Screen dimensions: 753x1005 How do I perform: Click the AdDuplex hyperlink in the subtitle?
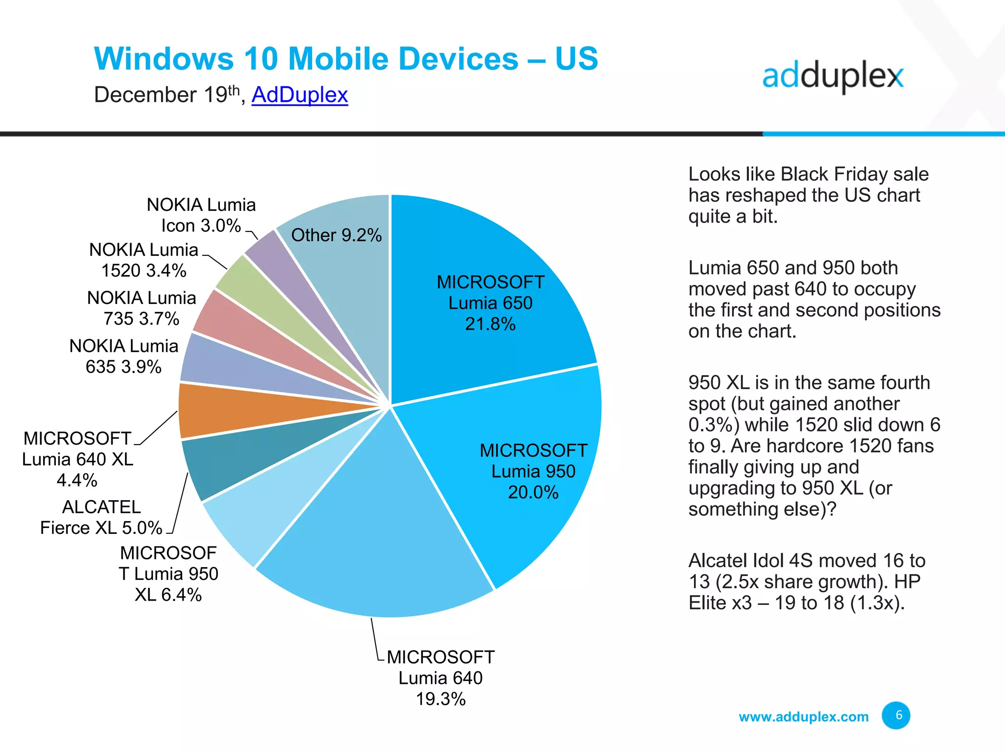coord(299,95)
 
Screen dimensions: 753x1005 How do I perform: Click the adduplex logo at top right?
coord(832,77)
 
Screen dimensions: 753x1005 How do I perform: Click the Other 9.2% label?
coord(336,235)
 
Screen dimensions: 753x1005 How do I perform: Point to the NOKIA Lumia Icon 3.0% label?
coord(201,215)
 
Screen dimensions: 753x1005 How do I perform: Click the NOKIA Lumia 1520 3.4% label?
coord(144,260)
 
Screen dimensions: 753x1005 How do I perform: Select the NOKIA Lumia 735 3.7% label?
coord(141,308)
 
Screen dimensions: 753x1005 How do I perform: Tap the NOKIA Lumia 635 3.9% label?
coord(124,356)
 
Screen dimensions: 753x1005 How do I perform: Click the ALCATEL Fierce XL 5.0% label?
coord(101,517)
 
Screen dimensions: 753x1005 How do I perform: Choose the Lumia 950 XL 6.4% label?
coord(168,574)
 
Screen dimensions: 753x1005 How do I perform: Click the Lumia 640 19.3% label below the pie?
coord(440,678)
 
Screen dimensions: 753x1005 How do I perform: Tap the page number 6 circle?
coord(896,715)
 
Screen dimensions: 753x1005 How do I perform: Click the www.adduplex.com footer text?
coord(803,717)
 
